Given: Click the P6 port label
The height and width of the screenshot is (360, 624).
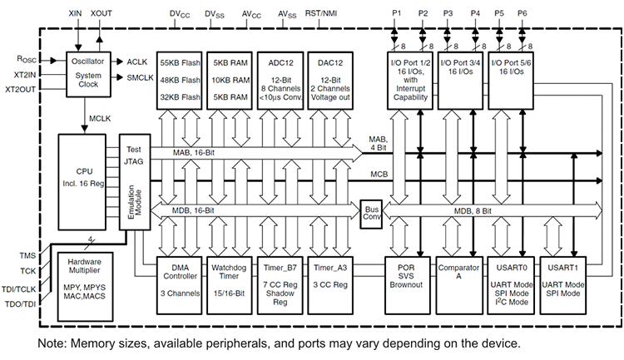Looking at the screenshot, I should click(522, 14).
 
